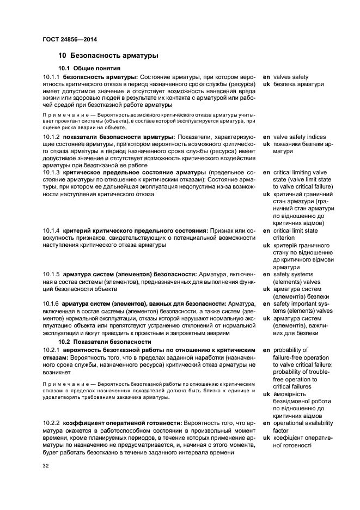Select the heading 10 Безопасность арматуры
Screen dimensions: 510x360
(x=108, y=56)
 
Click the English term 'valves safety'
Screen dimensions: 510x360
(x=291, y=77)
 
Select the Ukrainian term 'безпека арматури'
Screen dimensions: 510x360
(x=298, y=84)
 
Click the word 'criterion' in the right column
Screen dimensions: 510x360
(x=286, y=238)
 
